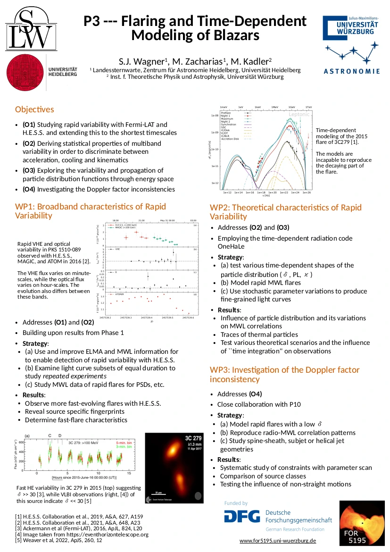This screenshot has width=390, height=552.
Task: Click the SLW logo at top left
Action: [29, 31]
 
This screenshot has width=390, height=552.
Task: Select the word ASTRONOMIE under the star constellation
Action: [351, 71]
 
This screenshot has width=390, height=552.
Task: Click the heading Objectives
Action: [34, 109]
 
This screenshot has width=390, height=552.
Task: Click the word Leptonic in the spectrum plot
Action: [299, 114]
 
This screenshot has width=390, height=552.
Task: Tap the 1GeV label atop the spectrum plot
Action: [291, 107]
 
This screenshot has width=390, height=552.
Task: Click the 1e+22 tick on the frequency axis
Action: [284, 192]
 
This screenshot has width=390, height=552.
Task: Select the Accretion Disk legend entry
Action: [230, 139]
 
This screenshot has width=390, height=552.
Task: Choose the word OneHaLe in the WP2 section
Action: [231, 246]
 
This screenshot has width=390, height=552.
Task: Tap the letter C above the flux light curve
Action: [50, 435]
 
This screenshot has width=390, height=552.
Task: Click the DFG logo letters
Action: [241, 516]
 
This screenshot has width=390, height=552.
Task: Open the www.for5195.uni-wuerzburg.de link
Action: [277, 541]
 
